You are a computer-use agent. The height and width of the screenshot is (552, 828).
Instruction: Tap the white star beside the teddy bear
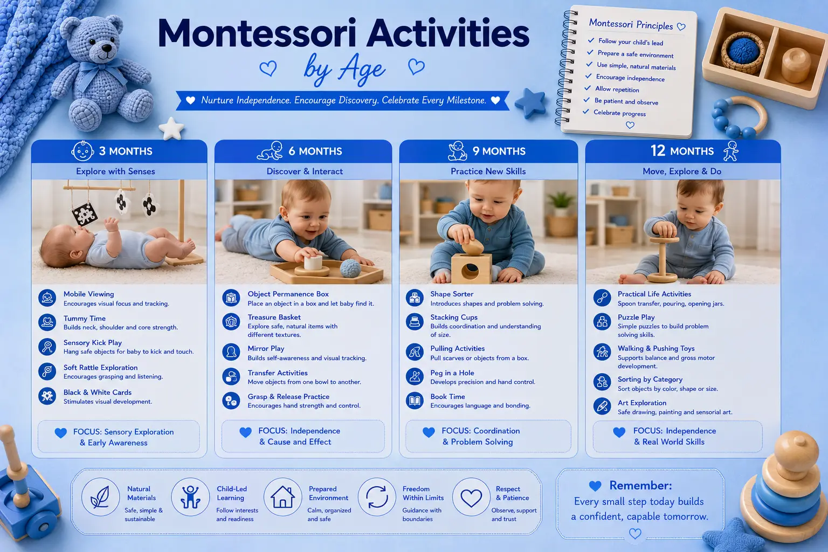[171, 128]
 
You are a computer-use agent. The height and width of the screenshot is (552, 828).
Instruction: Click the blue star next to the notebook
[530, 103]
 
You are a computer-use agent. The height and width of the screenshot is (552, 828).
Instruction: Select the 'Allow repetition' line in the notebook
[617, 89]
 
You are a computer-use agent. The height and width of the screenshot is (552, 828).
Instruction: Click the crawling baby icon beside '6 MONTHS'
[270, 151]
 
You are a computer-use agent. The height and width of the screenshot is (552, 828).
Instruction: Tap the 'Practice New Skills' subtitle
[488, 171]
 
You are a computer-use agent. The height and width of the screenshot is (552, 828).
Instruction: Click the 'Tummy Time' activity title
[84, 319]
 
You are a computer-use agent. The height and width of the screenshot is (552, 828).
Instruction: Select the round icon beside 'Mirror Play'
[231, 353]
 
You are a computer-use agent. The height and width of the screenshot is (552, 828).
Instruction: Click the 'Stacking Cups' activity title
[453, 317]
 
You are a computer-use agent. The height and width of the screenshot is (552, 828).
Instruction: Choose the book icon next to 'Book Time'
[415, 401]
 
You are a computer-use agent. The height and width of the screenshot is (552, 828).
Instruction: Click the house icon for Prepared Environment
[283, 497]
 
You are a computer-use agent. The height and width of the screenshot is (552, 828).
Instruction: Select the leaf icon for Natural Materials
[100, 497]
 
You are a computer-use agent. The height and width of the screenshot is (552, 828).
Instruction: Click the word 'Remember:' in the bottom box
[640, 485]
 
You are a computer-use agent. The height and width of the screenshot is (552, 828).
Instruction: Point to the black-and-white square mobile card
[85, 213]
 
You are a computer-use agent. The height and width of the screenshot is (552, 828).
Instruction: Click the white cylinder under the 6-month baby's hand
[313, 262]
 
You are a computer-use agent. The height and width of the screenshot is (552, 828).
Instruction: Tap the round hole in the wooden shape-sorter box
[470, 272]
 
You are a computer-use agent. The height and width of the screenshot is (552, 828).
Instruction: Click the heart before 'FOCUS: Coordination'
[429, 432]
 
